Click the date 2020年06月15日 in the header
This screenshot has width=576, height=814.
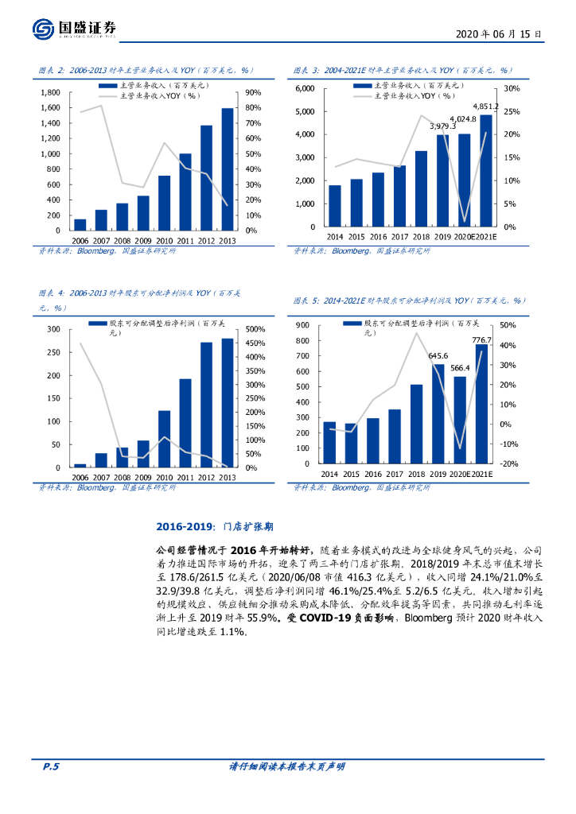499,34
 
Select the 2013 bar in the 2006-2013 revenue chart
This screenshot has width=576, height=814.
228,169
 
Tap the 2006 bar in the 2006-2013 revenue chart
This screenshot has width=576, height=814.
80,225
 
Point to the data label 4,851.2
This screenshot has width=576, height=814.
485,106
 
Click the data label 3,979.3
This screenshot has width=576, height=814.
442,126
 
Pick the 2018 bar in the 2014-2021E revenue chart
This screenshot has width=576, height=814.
421,188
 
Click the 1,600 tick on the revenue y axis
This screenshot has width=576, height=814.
49,107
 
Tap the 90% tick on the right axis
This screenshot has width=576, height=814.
253,92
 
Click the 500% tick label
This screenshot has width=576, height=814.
255,329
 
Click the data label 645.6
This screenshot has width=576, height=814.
438,355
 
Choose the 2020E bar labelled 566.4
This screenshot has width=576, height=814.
460,420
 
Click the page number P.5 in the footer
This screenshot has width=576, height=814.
51,766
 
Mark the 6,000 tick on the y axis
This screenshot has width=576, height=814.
305,88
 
